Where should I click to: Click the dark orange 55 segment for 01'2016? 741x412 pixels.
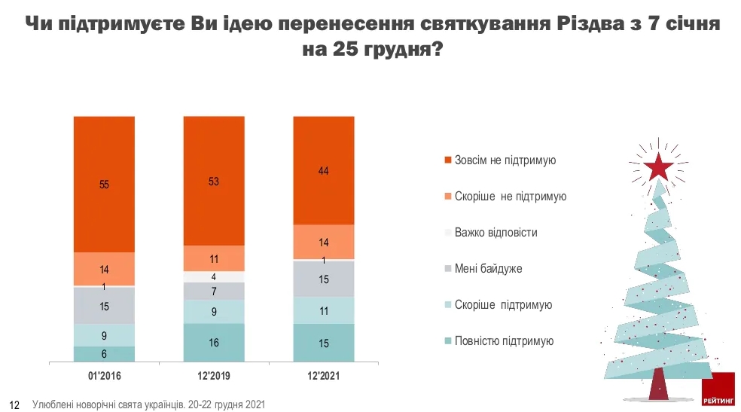tap(104, 184)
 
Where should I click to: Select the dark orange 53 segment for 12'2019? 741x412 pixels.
tap(214, 181)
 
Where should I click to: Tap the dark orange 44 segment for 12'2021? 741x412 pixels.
tap(323, 170)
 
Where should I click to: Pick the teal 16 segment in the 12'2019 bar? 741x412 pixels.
tap(214, 343)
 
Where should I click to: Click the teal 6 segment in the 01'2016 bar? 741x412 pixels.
tap(104, 354)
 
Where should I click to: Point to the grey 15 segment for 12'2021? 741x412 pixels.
tap(323, 279)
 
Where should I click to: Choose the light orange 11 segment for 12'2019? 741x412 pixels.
tap(214, 258)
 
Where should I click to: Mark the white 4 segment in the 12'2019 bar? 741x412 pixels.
tap(214, 276)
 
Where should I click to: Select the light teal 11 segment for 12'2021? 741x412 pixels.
tap(323, 310)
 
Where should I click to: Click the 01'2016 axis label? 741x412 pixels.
tap(104, 374)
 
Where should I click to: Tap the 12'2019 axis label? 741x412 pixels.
tap(214, 374)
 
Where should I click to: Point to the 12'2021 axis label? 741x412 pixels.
tap(323, 374)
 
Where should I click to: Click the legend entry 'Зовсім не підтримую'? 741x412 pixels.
tap(505, 160)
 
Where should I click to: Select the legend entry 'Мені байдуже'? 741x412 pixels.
tap(488, 269)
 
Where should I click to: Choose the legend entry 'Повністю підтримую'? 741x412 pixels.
tap(504, 341)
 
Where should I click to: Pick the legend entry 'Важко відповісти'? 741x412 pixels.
tap(496, 233)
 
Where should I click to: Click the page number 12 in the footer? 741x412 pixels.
tap(14, 404)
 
